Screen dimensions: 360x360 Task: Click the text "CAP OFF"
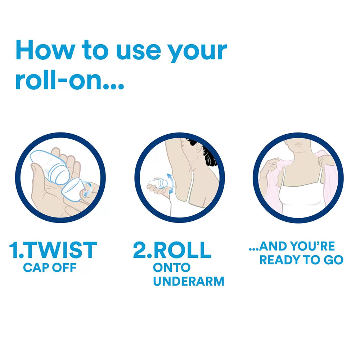[x=50, y=268]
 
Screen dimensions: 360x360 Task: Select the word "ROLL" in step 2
[x=183, y=250]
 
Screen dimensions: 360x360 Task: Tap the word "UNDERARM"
[x=189, y=282]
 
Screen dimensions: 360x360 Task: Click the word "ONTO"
[x=172, y=268]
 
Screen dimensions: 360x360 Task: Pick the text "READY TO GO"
[x=301, y=260]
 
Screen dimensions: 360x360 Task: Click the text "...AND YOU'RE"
[x=292, y=246]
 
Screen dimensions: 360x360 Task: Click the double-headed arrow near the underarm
[x=170, y=184]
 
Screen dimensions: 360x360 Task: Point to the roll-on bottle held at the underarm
[x=158, y=184]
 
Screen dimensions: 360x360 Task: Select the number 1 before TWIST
[x=14, y=250]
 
